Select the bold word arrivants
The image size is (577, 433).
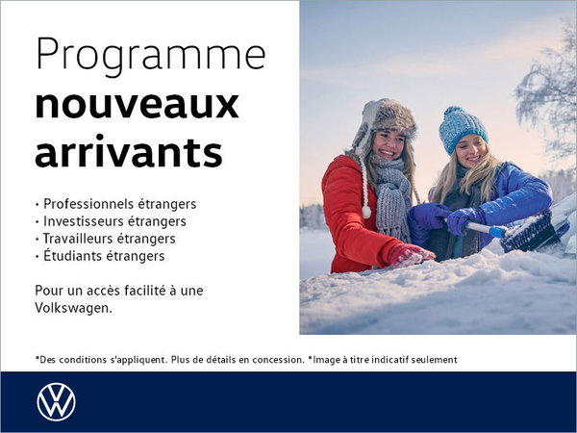click(x=128, y=151)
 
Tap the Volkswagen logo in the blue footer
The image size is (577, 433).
click(x=56, y=401)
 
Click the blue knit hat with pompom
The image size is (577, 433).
click(x=463, y=127)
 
